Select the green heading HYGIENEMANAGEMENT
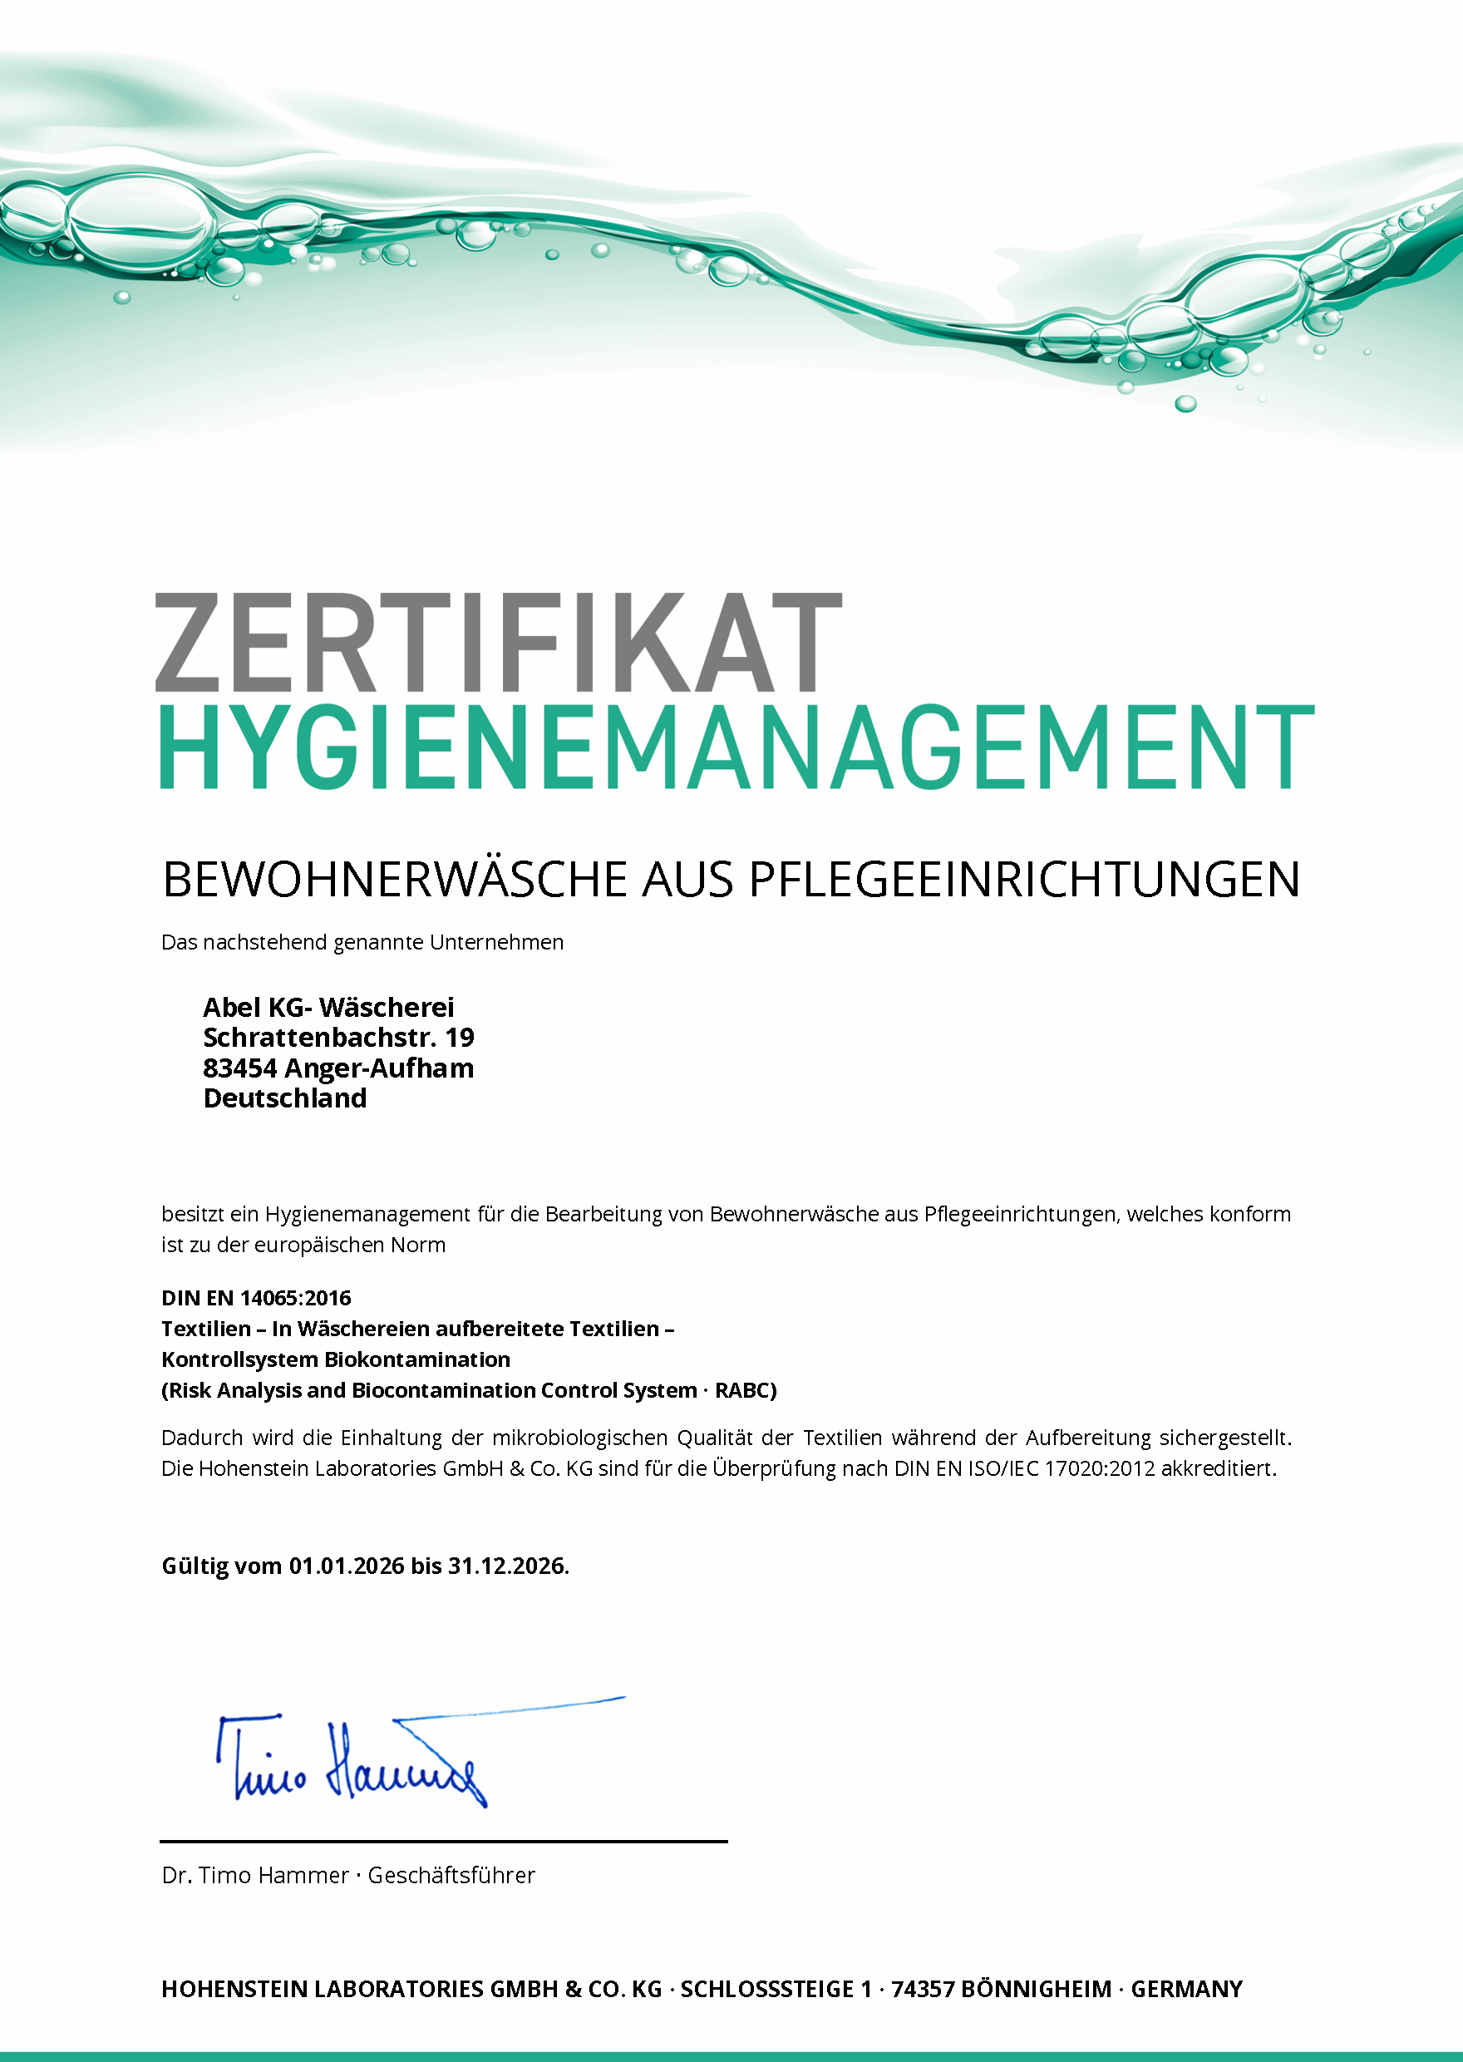pos(736,747)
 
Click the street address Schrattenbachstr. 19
pos(337,1038)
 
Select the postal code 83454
pos(239,1068)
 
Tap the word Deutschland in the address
pos(284,1098)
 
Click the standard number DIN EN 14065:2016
pos(256,1298)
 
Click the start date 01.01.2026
pos(346,1566)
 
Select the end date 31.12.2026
pos(506,1566)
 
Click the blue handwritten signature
pos(360,1761)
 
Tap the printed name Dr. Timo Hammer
pos(255,1876)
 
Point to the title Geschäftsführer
pos(451,1876)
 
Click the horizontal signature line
pos(443,1842)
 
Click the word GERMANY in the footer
pos(1186,1989)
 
